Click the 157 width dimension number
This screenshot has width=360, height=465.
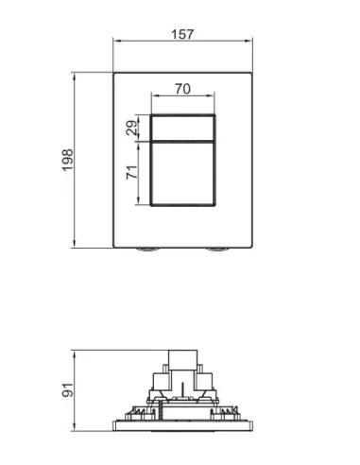[182, 34]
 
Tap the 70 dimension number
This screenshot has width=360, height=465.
[183, 89]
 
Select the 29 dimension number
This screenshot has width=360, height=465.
[132, 128]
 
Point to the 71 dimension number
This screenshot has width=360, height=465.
[132, 172]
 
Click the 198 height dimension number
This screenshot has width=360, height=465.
[68, 161]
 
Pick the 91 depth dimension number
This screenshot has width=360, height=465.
[68, 390]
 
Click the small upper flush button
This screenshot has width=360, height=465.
[182, 128]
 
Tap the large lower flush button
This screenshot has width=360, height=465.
[182, 174]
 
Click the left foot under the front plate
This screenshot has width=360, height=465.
[147, 250]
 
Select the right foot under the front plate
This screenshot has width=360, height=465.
[217, 250]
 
